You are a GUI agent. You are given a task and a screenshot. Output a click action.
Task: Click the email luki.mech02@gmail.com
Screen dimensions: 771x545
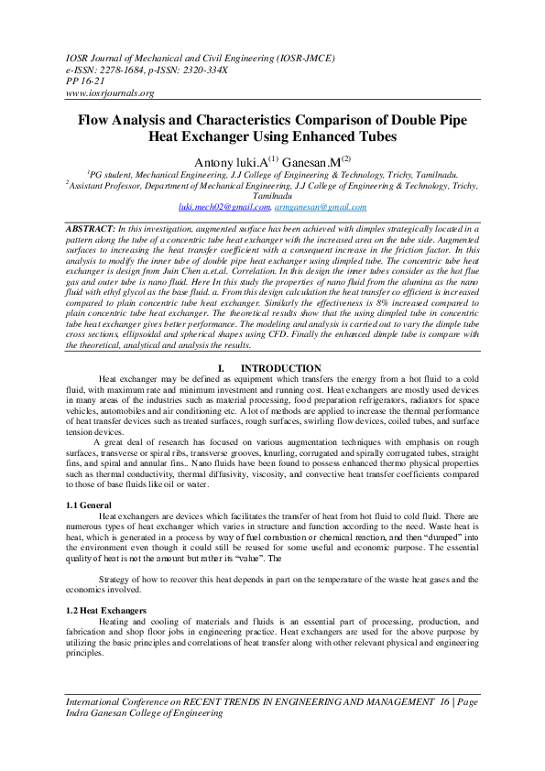point(218,208)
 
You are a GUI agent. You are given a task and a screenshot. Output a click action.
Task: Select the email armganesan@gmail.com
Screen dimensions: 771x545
point(314,208)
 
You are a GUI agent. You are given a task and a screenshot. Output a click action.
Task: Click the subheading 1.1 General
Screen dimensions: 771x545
point(89,505)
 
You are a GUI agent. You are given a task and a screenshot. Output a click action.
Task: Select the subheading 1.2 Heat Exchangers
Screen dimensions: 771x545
point(106,610)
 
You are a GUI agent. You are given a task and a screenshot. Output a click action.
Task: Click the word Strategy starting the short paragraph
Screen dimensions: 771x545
point(117,580)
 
